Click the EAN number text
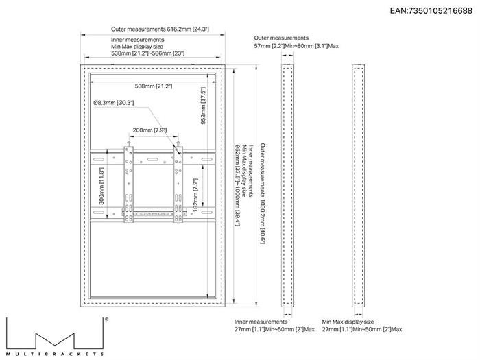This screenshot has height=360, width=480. pyautogui.click(x=431, y=11)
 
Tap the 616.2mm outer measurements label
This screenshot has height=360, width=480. pyautogui.click(x=160, y=29)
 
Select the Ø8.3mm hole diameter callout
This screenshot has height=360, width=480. pyautogui.click(x=114, y=103)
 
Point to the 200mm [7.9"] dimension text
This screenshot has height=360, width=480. pyautogui.click(x=149, y=130)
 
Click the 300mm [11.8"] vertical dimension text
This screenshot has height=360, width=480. pyautogui.click(x=101, y=186)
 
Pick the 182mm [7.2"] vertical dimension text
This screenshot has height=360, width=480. pyautogui.click(x=195, y=195)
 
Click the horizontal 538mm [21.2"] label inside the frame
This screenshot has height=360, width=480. pyautogui.click(x=154, y=86)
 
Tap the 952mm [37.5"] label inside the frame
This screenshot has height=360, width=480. pyautogui.click(x=203, y=106)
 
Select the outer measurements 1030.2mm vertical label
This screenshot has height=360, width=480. pyautogui.click(x=263, y=193)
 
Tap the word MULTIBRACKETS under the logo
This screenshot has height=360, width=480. pyautogui.click(x=55, y=355)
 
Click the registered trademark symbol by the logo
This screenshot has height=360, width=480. pyautogui.click(x=106, y=319)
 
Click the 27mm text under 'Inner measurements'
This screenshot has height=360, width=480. pyautogui.click(x=274, y=329)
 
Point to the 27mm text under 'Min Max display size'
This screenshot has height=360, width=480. pyautogui.click(x=362, y=329)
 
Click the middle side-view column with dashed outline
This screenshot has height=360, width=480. pyautogui.click(x=287, y=186)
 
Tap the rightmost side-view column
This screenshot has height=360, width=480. pyautogui.click(x=358, y=186)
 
